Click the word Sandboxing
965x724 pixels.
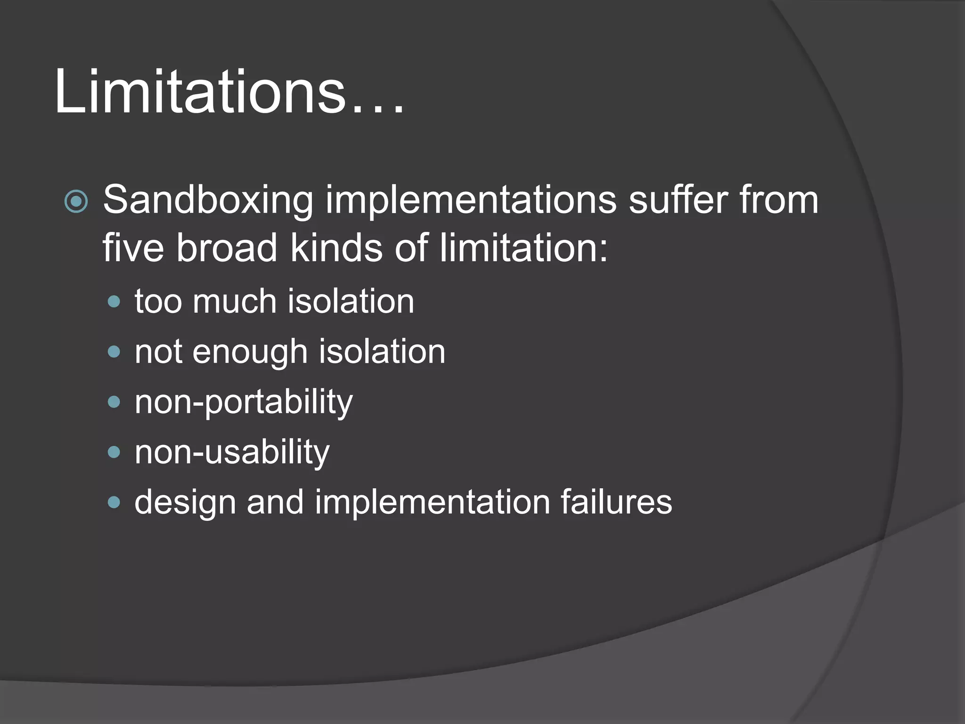pos(208,200)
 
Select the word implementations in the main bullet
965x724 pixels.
pos(471,200)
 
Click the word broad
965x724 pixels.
pos(227,248)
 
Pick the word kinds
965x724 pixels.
pos(336,248)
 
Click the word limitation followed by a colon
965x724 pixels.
pos(518,248)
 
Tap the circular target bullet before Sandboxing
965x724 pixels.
pos(76,202)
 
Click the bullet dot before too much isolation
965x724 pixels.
pos(114,302)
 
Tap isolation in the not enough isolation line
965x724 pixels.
pos(382,352)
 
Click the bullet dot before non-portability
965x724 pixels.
pos(114,402)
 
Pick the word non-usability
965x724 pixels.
pos(232,452)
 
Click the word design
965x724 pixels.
pos(185,502)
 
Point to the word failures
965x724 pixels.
pos(616,502)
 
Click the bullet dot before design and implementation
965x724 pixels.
pos(114,502)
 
